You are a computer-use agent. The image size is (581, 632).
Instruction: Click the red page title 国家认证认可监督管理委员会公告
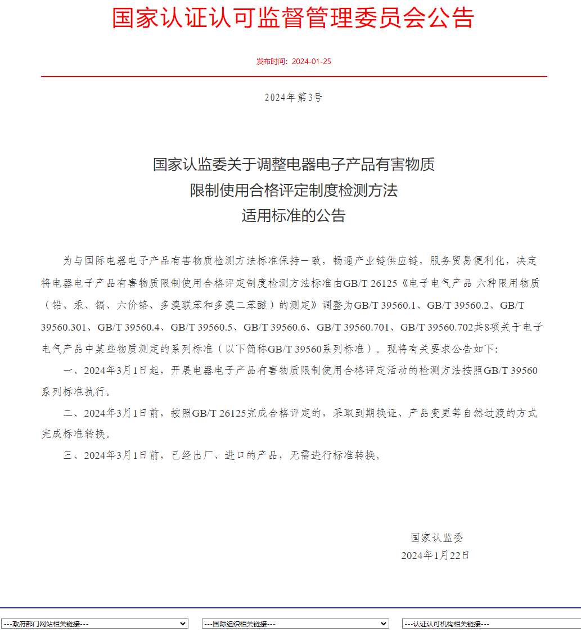point(293,18)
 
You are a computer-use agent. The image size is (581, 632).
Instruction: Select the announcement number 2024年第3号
point(294,97)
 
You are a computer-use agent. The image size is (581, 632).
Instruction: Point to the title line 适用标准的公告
point(293,215)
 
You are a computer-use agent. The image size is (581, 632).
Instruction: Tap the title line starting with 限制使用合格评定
point(293,190)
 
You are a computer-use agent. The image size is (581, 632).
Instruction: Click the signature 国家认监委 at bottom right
point(436,538)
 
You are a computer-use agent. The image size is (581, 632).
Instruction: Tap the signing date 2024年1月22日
point(435,556)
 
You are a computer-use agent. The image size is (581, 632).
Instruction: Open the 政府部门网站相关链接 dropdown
point(94,624)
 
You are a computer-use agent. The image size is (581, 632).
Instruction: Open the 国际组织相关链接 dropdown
point(295,624)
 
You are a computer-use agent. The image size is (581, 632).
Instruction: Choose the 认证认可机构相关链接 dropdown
point(491,624)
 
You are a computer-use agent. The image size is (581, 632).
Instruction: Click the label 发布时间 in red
point(272,61)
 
